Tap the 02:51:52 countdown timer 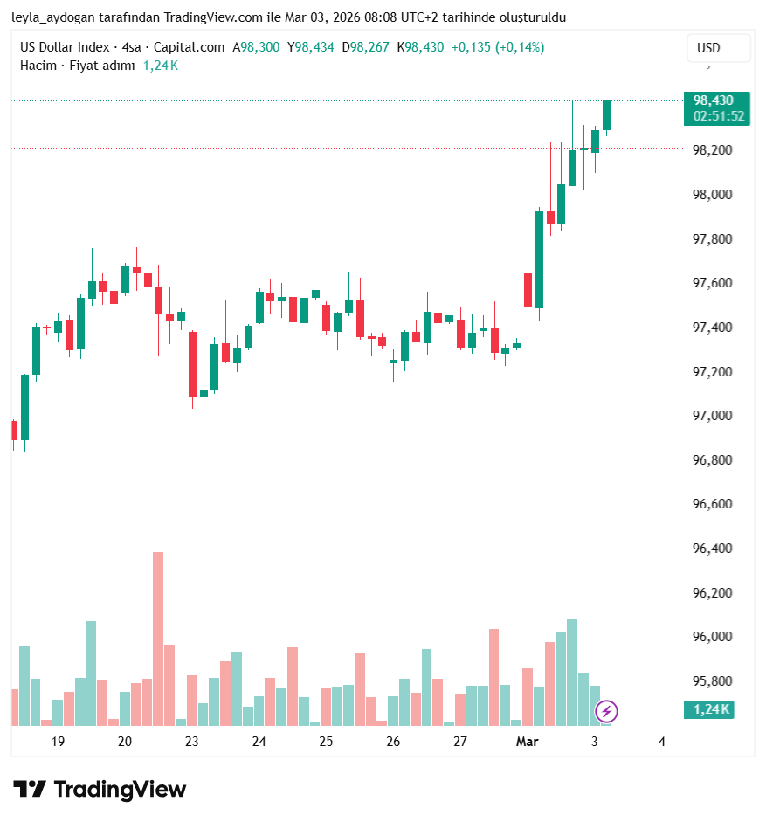(718, 115)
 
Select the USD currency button (708, 48)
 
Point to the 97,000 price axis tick (712, 416)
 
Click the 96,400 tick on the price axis (712, 549)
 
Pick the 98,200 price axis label (712, 150)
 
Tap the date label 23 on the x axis (192, 742)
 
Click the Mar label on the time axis (527, 742)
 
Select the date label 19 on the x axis (58, 742)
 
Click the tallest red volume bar (158, 638)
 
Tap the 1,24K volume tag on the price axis (711, 709)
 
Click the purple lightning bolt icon (606, 711)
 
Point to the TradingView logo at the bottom (100, 790)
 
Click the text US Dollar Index (65, 47)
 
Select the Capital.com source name (189, 47)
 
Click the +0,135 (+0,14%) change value (497, 47)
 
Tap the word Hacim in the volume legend (38, 66)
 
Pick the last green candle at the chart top (606, 115)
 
